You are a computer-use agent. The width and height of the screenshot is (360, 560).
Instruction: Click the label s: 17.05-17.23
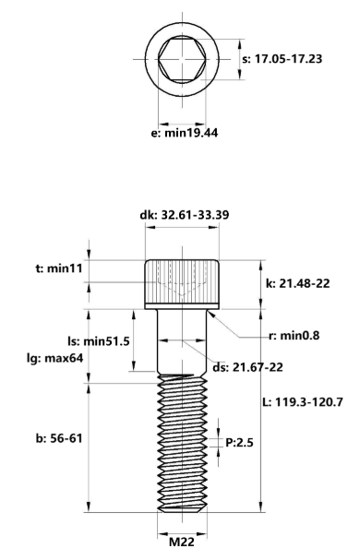click(282, 58)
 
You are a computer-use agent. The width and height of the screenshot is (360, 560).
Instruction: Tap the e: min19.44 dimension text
click(185, 133)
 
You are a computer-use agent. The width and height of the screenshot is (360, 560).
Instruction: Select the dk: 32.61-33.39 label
click(184, 215)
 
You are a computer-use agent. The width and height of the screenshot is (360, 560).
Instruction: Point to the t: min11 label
click(59, 268)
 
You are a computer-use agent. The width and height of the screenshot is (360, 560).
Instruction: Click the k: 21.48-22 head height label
click(297, 283)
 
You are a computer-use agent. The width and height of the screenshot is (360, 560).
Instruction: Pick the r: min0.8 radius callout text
click(294, 336)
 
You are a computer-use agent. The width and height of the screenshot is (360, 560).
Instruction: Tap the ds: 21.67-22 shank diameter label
click(247, 367)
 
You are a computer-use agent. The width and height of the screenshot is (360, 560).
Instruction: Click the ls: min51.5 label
click(99, 341)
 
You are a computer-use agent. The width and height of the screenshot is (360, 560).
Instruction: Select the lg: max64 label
click(55, 358)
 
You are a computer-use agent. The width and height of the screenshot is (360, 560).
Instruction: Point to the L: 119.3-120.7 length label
click(303, 402)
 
